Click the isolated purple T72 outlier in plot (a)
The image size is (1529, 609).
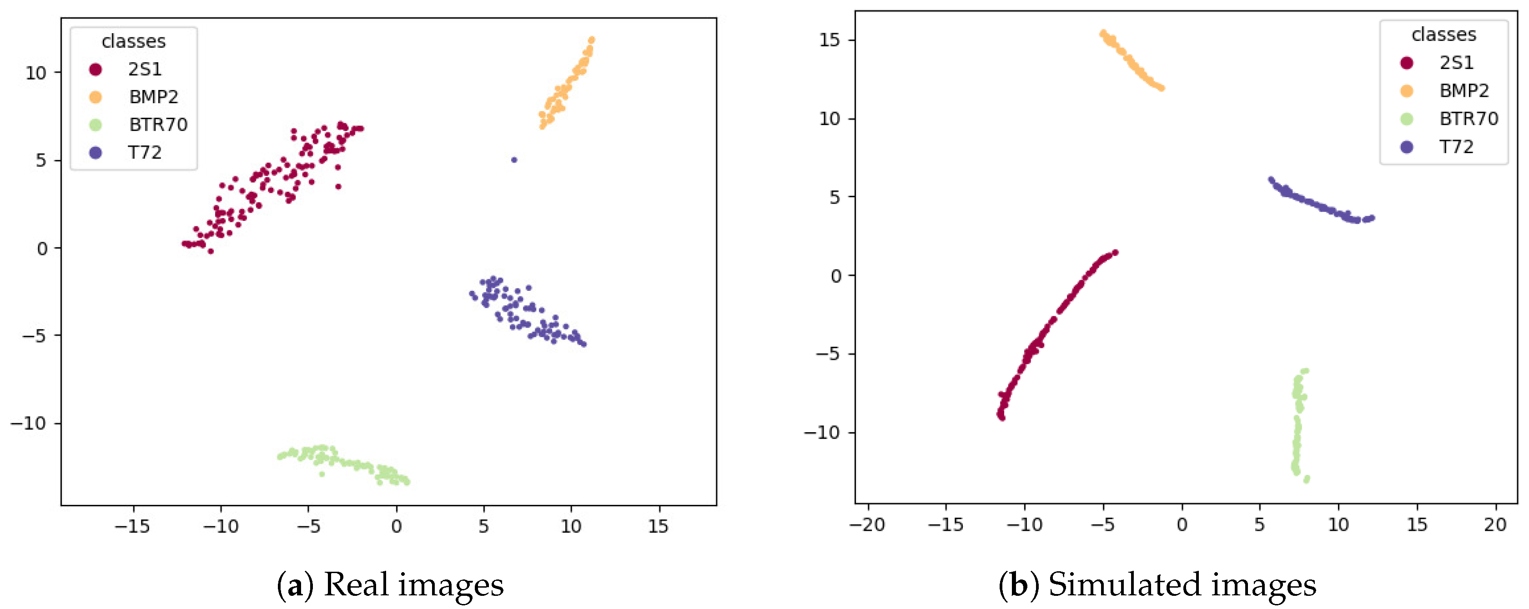pos(514,160)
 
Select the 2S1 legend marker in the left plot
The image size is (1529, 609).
pos(96,70)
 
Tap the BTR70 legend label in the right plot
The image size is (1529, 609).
pos(1469,119)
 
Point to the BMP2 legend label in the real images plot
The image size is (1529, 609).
pos(154,97)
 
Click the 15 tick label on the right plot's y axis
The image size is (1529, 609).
pos(830,40)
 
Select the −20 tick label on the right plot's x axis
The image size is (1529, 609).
pos(867,524)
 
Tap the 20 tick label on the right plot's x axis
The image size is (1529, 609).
pos(1495,524)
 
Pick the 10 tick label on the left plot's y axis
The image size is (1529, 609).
pos(35,73)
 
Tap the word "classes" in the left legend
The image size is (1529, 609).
pos(134,41)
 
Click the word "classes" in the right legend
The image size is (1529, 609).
pos(1443,35)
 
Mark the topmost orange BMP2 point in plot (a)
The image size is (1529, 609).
pos(591,40)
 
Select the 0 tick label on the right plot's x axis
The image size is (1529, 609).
pos(1182,524)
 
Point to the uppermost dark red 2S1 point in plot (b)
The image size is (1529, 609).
pos(1115,253)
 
